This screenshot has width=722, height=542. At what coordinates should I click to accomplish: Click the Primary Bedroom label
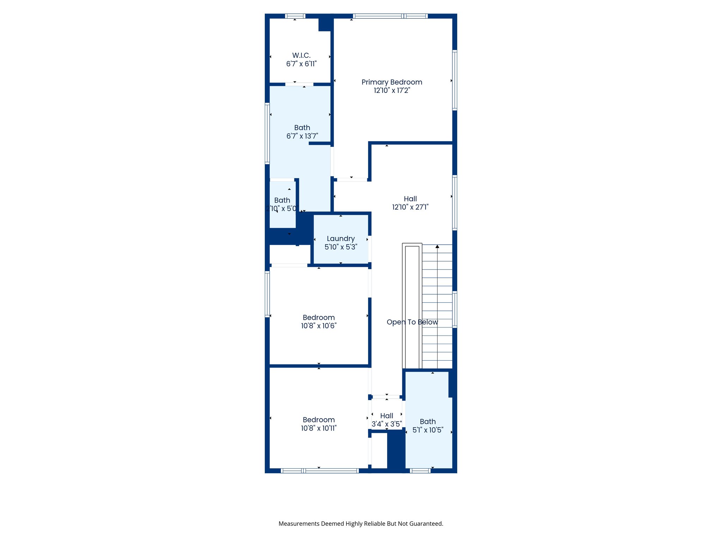(392, 82)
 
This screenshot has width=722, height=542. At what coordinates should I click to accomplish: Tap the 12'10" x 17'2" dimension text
(392, 91)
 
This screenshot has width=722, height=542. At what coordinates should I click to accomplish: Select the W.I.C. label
(301, 55)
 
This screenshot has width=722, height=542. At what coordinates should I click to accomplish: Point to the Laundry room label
(341, 239)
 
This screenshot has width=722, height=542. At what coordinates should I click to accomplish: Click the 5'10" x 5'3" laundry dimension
(341, 247)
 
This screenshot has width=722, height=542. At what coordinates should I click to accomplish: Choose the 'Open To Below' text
(412, 322)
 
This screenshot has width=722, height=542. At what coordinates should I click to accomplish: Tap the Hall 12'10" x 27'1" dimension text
(410, 207)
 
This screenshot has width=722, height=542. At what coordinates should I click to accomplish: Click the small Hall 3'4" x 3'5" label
(387, 416)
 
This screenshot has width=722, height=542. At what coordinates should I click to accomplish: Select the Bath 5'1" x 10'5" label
(428, 422)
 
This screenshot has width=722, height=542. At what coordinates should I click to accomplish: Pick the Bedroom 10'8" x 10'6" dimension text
(319, 326)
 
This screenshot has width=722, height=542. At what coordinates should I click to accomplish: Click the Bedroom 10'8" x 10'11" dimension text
(319, 428)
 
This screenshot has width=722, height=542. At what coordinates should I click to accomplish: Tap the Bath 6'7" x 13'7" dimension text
(302, 136)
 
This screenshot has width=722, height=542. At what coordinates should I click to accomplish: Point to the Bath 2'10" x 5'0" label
(282, 200)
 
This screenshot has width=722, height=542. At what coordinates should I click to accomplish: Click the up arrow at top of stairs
(437, 247)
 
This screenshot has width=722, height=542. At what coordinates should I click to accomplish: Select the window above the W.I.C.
(295, 16)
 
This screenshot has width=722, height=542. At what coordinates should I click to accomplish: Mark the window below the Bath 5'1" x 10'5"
(420, 471)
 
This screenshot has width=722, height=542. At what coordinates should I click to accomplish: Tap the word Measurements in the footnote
(299, 524)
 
